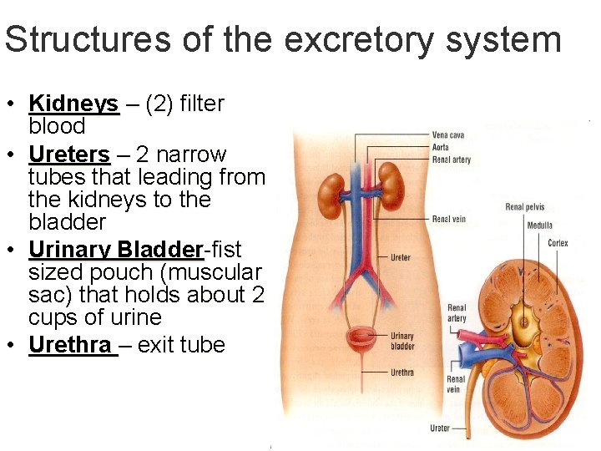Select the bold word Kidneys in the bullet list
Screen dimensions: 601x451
pos(73,104)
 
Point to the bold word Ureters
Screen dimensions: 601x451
pos(68,155)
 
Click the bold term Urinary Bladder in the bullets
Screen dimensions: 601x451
pos(116,250)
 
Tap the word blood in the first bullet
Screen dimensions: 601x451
pos(57,126)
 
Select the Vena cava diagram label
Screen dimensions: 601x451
pos(448,135)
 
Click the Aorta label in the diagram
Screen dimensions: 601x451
pos(441,147)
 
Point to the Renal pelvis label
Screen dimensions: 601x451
pos(525,206)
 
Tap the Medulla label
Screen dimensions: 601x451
pos(539,225)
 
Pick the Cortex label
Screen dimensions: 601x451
pos(558,243)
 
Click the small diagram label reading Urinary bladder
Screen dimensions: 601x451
pos(402,341)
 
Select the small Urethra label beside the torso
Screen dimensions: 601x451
pos(402,372)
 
